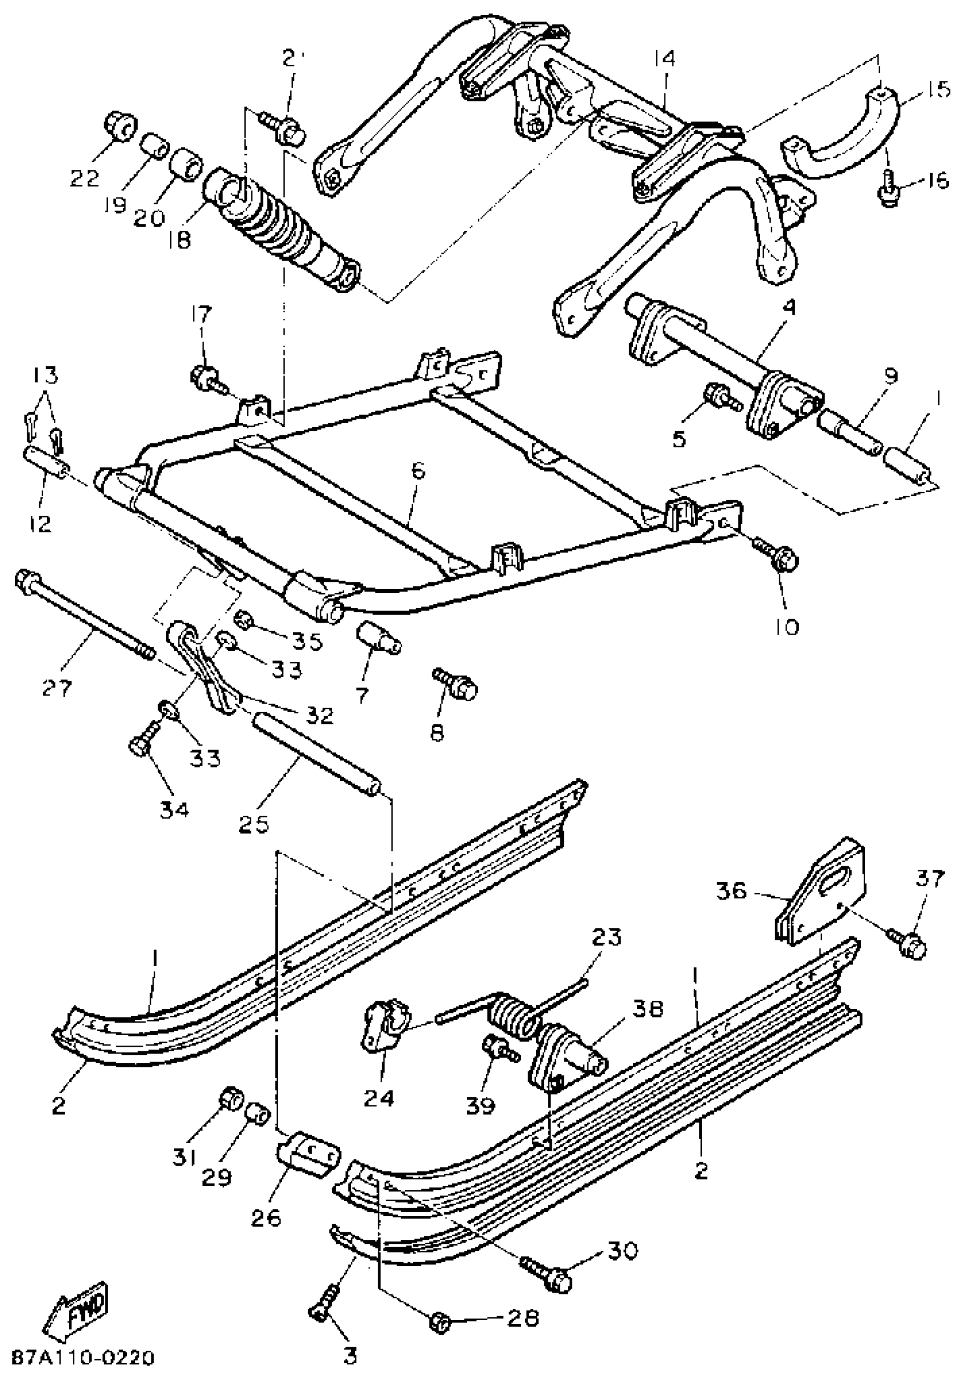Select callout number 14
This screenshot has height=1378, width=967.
[x=663, y=58]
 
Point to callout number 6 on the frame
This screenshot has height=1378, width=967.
[x=418, y=471]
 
